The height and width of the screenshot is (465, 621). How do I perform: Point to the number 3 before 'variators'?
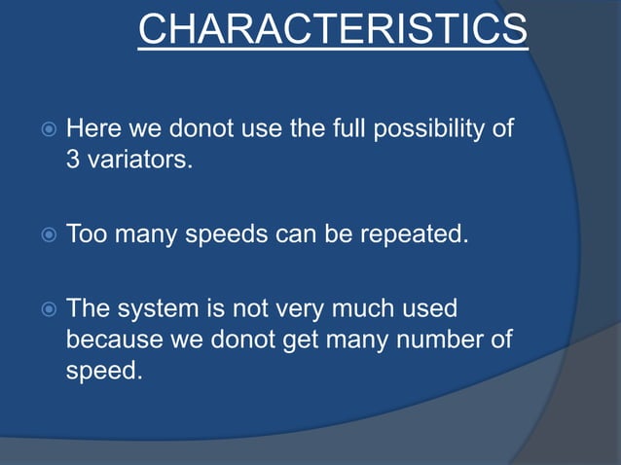[73, 160]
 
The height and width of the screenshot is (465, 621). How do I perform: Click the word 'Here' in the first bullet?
[91, 128]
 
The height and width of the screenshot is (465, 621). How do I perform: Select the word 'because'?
[108, 340]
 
